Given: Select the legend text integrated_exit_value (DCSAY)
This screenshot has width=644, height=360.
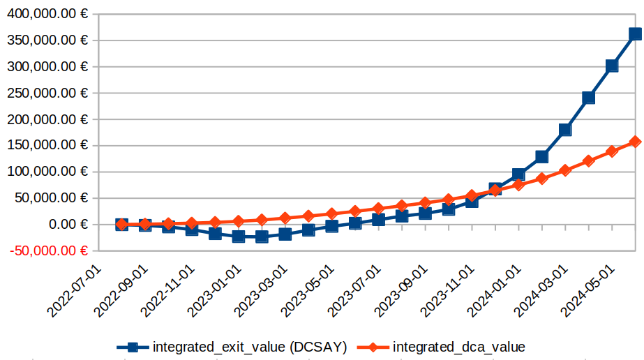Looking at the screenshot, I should (250, 346).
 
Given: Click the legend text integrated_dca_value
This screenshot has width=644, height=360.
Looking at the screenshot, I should (459, 346).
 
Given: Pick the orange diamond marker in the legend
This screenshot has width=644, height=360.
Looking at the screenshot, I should (373, 346).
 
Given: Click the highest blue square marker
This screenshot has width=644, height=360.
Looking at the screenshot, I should (635, 33).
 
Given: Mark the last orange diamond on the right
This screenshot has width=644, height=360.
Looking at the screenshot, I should (635, 142).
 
